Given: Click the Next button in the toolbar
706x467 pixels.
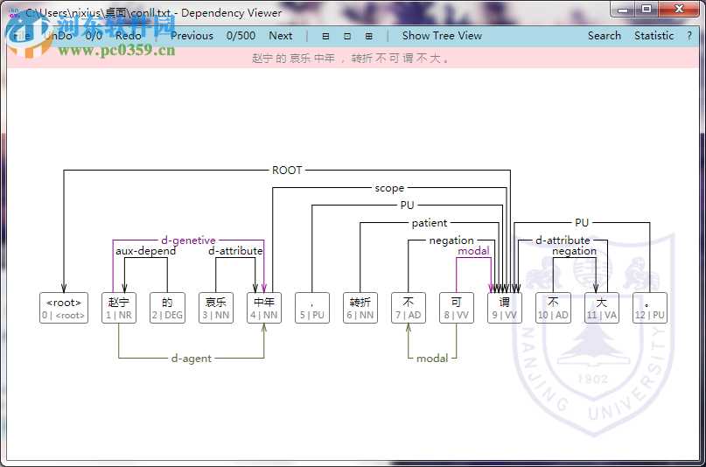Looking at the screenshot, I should click(280, 36).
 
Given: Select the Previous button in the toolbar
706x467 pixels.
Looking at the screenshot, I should click(192, 36).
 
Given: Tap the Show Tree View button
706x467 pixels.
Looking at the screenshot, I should click(442, 36).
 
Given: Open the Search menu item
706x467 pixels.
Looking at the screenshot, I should click(604, 36).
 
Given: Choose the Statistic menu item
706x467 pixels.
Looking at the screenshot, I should click(654, 36).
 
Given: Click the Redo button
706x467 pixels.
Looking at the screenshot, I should click(128, 36).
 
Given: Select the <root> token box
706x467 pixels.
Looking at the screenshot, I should click(64, 308).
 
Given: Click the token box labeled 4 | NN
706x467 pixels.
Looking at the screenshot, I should click(263, 308).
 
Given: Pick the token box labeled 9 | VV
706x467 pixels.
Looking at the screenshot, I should click(504, 308).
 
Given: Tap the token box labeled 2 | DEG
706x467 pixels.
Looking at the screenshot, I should click(167, 308).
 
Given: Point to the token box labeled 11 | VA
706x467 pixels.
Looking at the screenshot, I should click(601, 308).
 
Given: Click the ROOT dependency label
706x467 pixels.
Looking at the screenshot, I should click(287, 171).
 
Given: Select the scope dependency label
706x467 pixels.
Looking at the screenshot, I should click(389, 188).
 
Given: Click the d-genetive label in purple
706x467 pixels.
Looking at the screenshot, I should click(188, 240).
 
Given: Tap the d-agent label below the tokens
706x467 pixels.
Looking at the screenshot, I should click(192, 359).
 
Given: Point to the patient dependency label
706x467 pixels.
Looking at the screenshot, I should click(430, 223).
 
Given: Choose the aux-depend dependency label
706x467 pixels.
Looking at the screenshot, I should click(146, 251).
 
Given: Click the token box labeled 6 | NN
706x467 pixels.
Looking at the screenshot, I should click(360, 308).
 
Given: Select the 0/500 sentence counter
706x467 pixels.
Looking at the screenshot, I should click(241, 36).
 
